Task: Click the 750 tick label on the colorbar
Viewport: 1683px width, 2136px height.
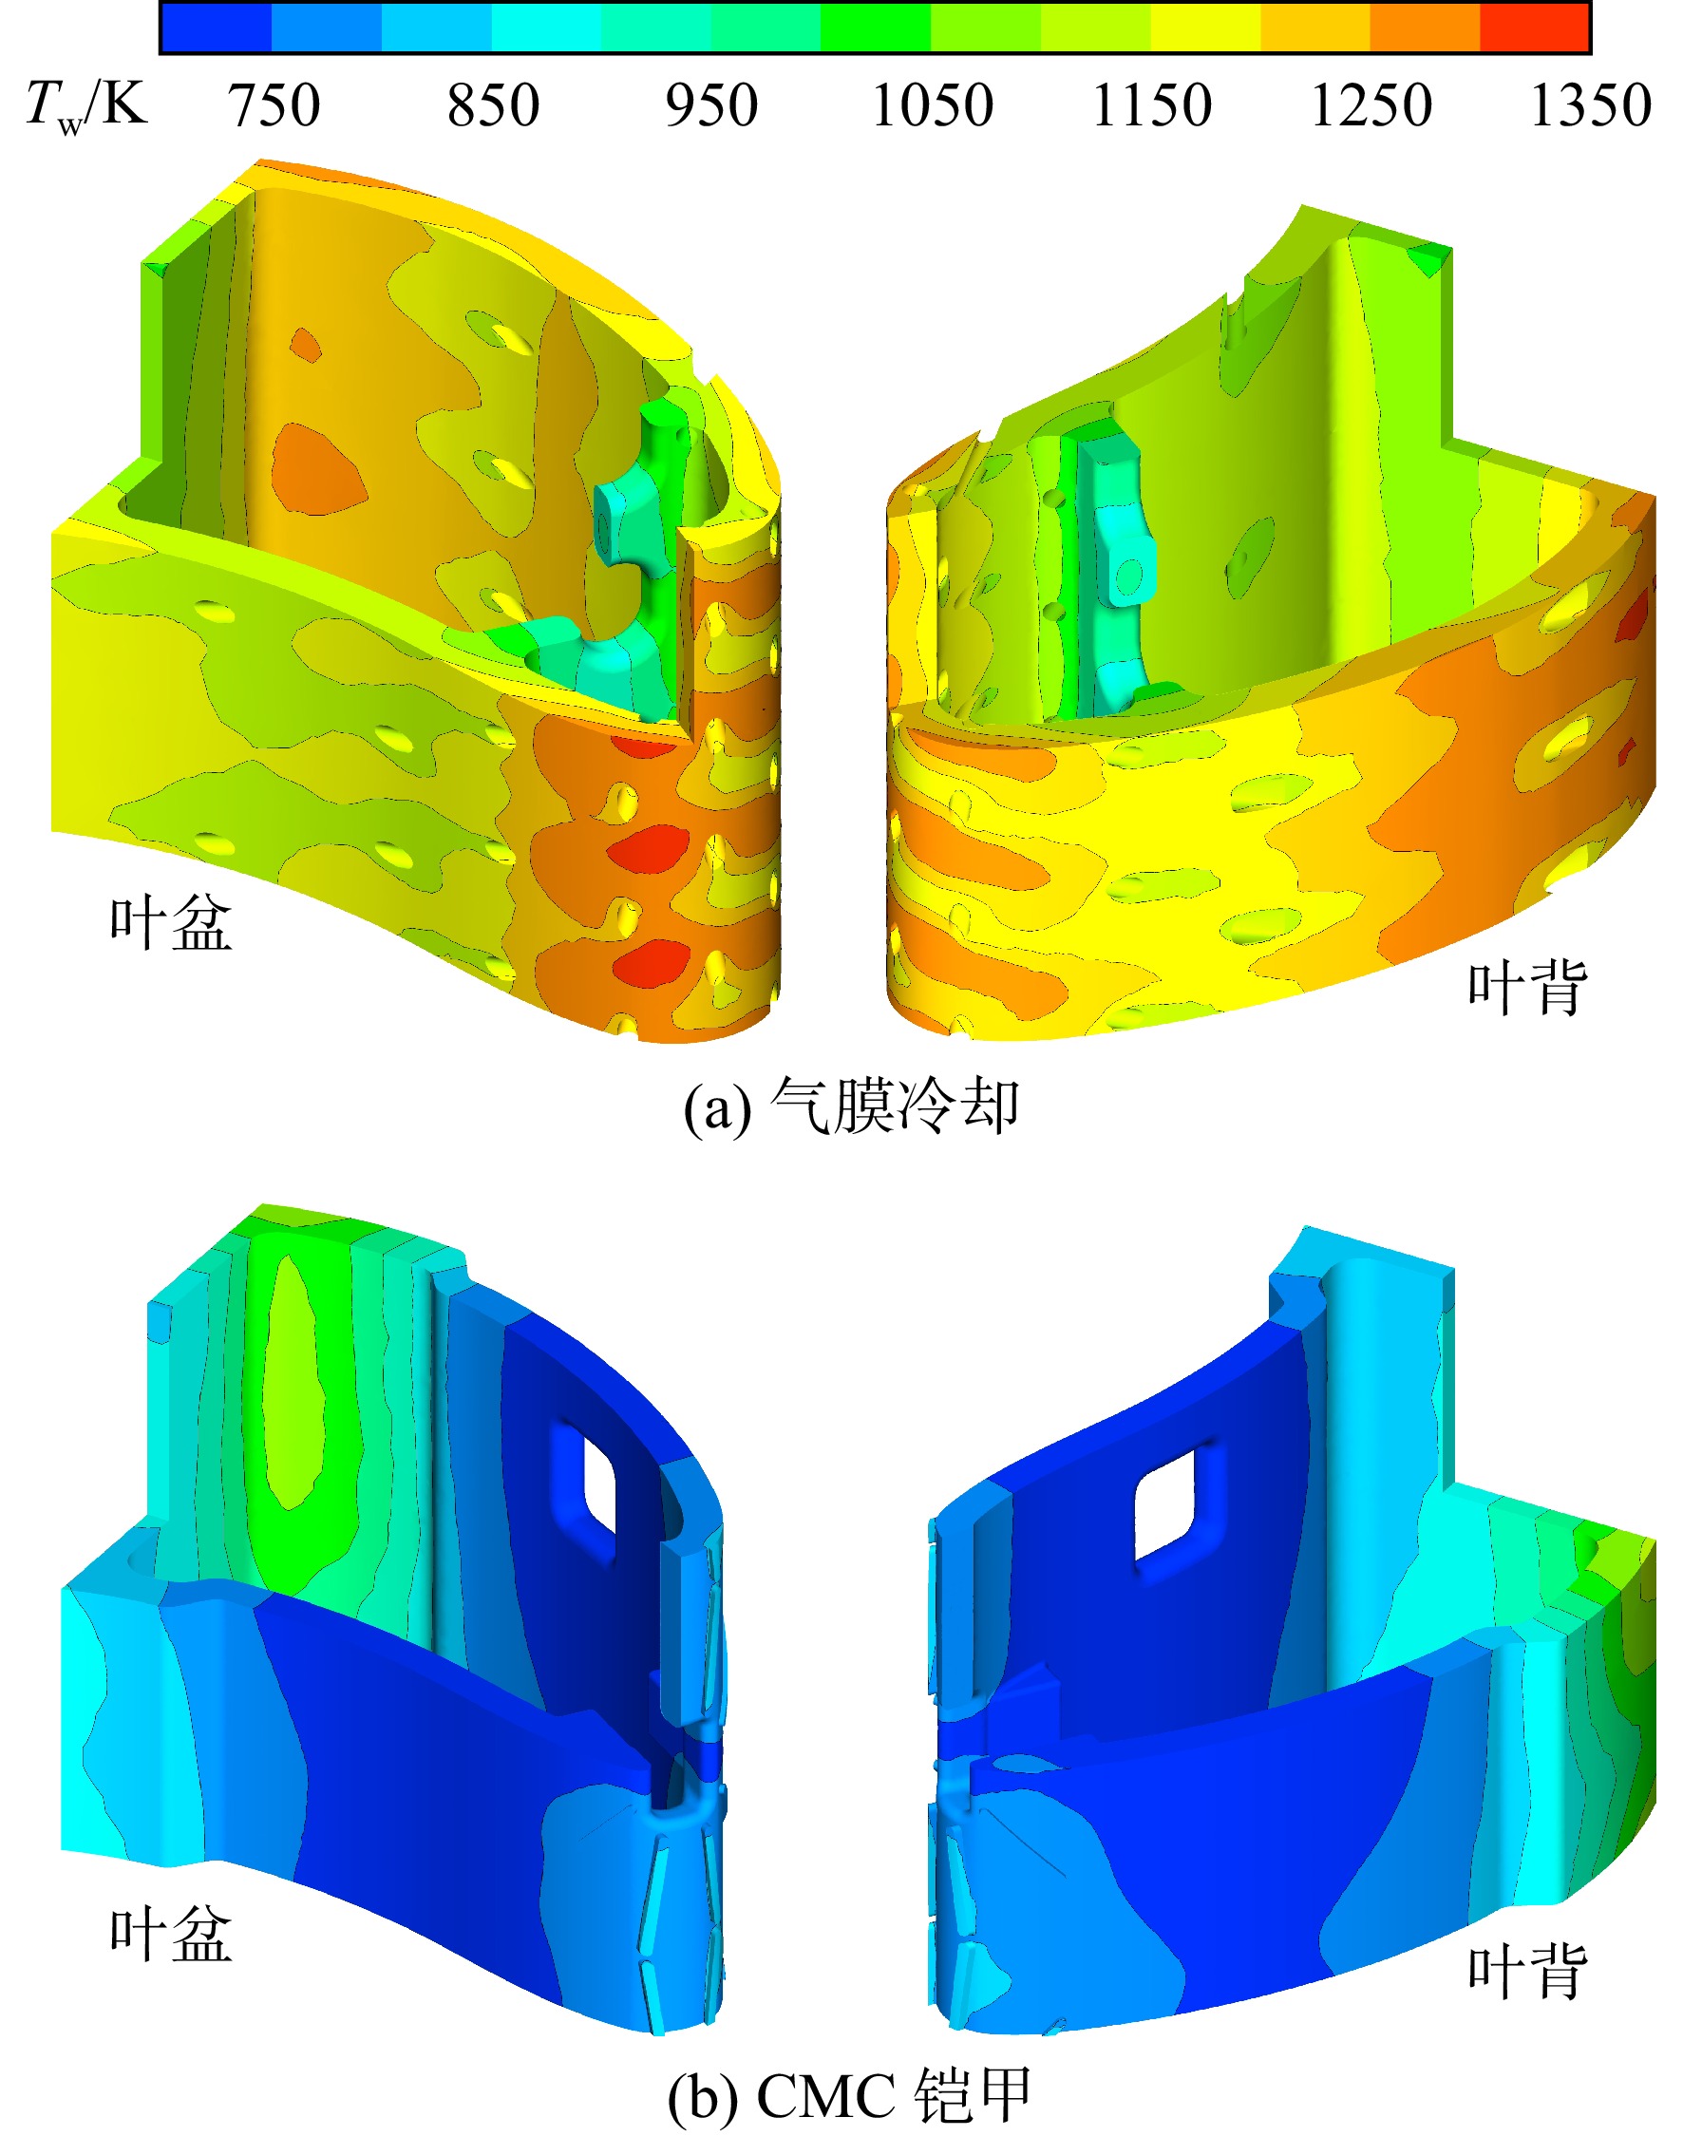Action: point(274,105)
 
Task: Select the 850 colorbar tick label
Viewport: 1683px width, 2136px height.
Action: point(494,105)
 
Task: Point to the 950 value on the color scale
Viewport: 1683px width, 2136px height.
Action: point(711,105)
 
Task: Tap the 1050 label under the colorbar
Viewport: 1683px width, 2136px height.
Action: point(933,105)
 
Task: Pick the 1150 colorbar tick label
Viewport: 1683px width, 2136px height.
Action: point(1152,105)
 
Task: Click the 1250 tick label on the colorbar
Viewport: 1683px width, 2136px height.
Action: point(1371,105)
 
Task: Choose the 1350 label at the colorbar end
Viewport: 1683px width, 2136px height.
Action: point(1590,105)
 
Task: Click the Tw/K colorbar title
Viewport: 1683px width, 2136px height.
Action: point(86,105)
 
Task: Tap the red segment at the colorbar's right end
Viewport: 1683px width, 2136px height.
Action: point(1534,28)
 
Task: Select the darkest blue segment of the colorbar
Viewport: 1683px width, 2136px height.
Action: point(217,28)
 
